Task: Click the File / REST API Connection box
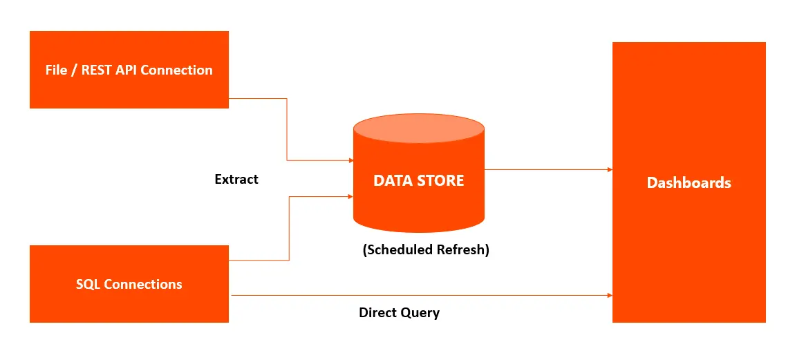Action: click(129, 70)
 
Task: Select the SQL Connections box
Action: click(129, 284)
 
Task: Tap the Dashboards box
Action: click(689, 182)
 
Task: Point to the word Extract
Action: click(236, 179)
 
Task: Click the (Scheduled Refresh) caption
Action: click(426, 250)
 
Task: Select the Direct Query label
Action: click(399, 313)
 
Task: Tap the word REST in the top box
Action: click(96, 70)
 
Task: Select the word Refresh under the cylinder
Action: click(463, 250)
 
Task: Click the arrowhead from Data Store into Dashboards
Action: click(610, 169)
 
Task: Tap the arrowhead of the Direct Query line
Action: click(610, 295)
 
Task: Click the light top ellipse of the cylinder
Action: click(419, 129)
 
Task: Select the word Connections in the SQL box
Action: click(143, 284)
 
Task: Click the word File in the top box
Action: click(56, 70)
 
